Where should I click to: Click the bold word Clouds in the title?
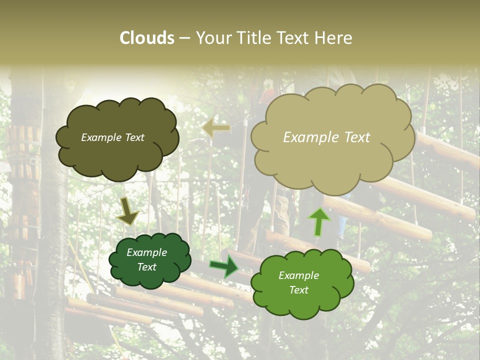(147, 38)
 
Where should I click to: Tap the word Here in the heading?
(334, 38)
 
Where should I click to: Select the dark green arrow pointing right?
(224, 266)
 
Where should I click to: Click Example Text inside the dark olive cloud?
(112, 137)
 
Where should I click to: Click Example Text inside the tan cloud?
(326, 137)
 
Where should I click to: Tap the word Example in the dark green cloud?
(146, 252)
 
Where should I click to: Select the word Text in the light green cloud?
(298, 290)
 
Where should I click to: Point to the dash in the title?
(184, 38)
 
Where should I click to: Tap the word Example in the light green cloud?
(298, 275)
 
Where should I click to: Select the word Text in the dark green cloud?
(146, 267)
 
